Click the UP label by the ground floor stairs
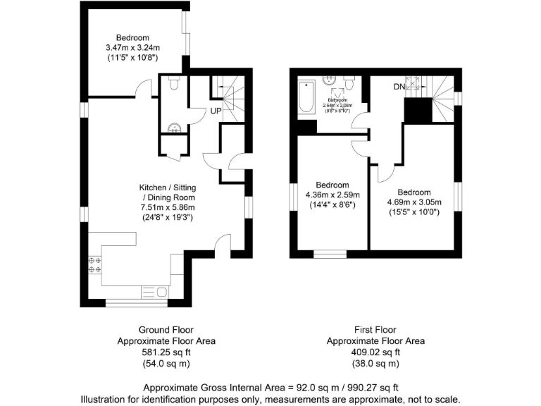[217, 111]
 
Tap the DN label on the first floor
[399, 87]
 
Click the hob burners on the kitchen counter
[94, 264]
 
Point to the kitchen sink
[154, 291]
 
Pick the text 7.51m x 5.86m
[166, 207]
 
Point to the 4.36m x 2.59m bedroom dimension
[332, 195]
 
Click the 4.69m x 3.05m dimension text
[413, 202]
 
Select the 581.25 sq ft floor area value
[166, 352]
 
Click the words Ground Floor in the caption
[166, 329]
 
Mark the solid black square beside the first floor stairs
[417, 110]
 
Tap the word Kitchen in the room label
[153, 187]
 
